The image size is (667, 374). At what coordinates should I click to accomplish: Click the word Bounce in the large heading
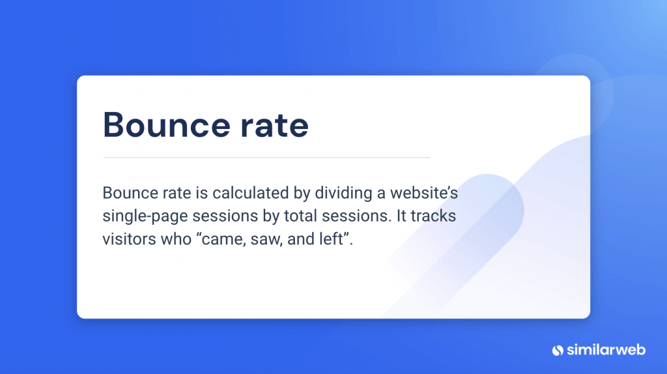click(166, 125)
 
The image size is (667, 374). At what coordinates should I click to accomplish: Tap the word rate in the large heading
click(274, 126)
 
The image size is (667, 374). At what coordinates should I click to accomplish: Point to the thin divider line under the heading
click(266, 158)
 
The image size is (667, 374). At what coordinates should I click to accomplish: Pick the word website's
click(423, 193)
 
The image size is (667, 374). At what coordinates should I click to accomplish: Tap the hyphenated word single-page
click(145, 216)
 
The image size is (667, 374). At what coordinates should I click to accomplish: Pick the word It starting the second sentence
click(401, 216)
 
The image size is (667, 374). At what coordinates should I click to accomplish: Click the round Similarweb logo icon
click(558, 350)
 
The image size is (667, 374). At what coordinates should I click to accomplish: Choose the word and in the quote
click(301, 238)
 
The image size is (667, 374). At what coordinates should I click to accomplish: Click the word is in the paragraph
click(202, 193)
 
